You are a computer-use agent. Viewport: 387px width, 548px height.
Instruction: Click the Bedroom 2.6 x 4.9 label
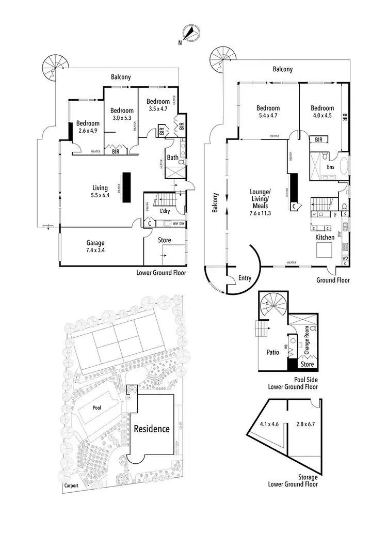[x=88, y=127]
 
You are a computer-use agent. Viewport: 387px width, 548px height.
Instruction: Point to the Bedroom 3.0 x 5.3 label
[x=122, y=114]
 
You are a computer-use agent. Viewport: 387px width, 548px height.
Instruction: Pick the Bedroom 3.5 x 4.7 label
[x=157, y=105]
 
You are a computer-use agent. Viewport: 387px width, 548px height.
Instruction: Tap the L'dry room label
[x=165, y=212]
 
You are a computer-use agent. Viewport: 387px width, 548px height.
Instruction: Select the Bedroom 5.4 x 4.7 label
[x=268, y=112]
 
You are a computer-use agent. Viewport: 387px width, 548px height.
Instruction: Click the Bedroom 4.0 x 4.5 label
[x=322, y=112]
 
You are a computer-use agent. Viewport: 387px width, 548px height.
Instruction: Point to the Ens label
[x=331, y=167]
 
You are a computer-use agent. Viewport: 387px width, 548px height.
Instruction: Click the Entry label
[x=245, y=278]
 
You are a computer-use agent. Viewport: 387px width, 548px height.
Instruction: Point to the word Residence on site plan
[x=152, y=428]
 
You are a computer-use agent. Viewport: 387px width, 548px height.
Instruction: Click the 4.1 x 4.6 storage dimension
[x=268, y=424]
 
